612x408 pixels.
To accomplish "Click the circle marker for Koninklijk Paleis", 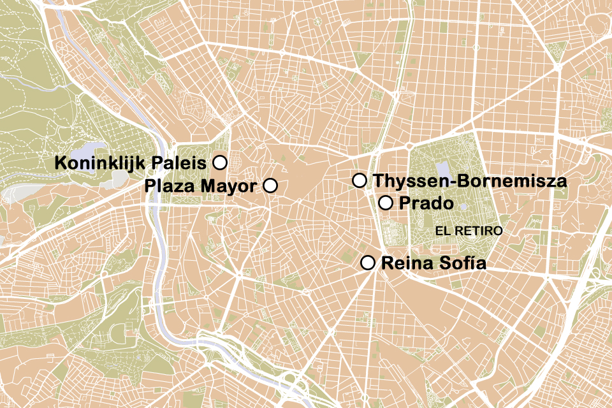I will coord(219,163).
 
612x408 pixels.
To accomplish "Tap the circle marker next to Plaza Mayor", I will coord(270,186).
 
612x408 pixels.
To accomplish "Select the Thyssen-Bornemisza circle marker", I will coord(360,180).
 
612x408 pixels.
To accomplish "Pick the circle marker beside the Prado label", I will coord(386,203).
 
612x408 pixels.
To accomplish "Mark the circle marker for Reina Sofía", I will coord(368,263).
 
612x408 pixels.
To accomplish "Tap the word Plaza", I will coord(171,186).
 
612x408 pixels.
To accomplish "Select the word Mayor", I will coord(229,186).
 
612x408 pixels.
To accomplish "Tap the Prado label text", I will coord(426,204).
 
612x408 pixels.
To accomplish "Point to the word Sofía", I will coord(463,263).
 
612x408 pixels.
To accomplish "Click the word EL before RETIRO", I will coord(442,230).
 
